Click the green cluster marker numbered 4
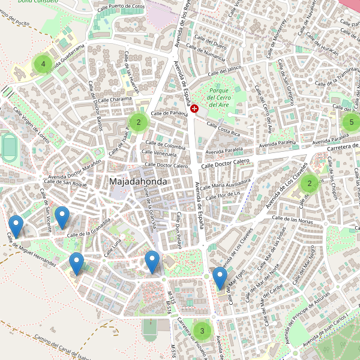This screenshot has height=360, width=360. click(43, 64)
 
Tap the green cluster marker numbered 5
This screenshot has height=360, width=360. click(352, 122)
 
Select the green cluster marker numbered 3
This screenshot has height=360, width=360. click(202, 330)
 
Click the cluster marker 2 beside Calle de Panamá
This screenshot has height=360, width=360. click(139, 122)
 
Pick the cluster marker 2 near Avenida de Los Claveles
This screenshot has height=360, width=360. click(310, 183)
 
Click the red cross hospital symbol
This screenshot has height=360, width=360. click(194, 108)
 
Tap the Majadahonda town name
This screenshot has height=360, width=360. click(138, 181)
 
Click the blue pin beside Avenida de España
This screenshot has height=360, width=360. click(220, 278)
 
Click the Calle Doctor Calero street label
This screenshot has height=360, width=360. click(225, 162)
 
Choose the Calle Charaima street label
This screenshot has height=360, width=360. click(115, 99)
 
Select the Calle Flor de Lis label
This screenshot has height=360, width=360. click(223, 194)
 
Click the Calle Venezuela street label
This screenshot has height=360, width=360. click(158, 154)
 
